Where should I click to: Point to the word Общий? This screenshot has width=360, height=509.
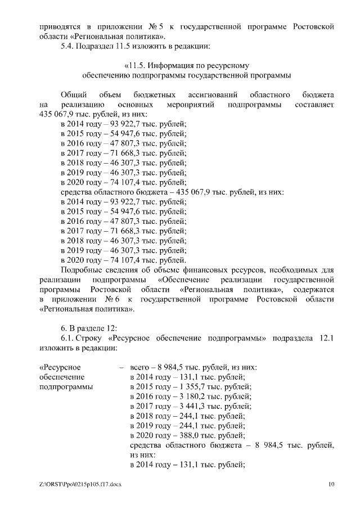tap(73, 94)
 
